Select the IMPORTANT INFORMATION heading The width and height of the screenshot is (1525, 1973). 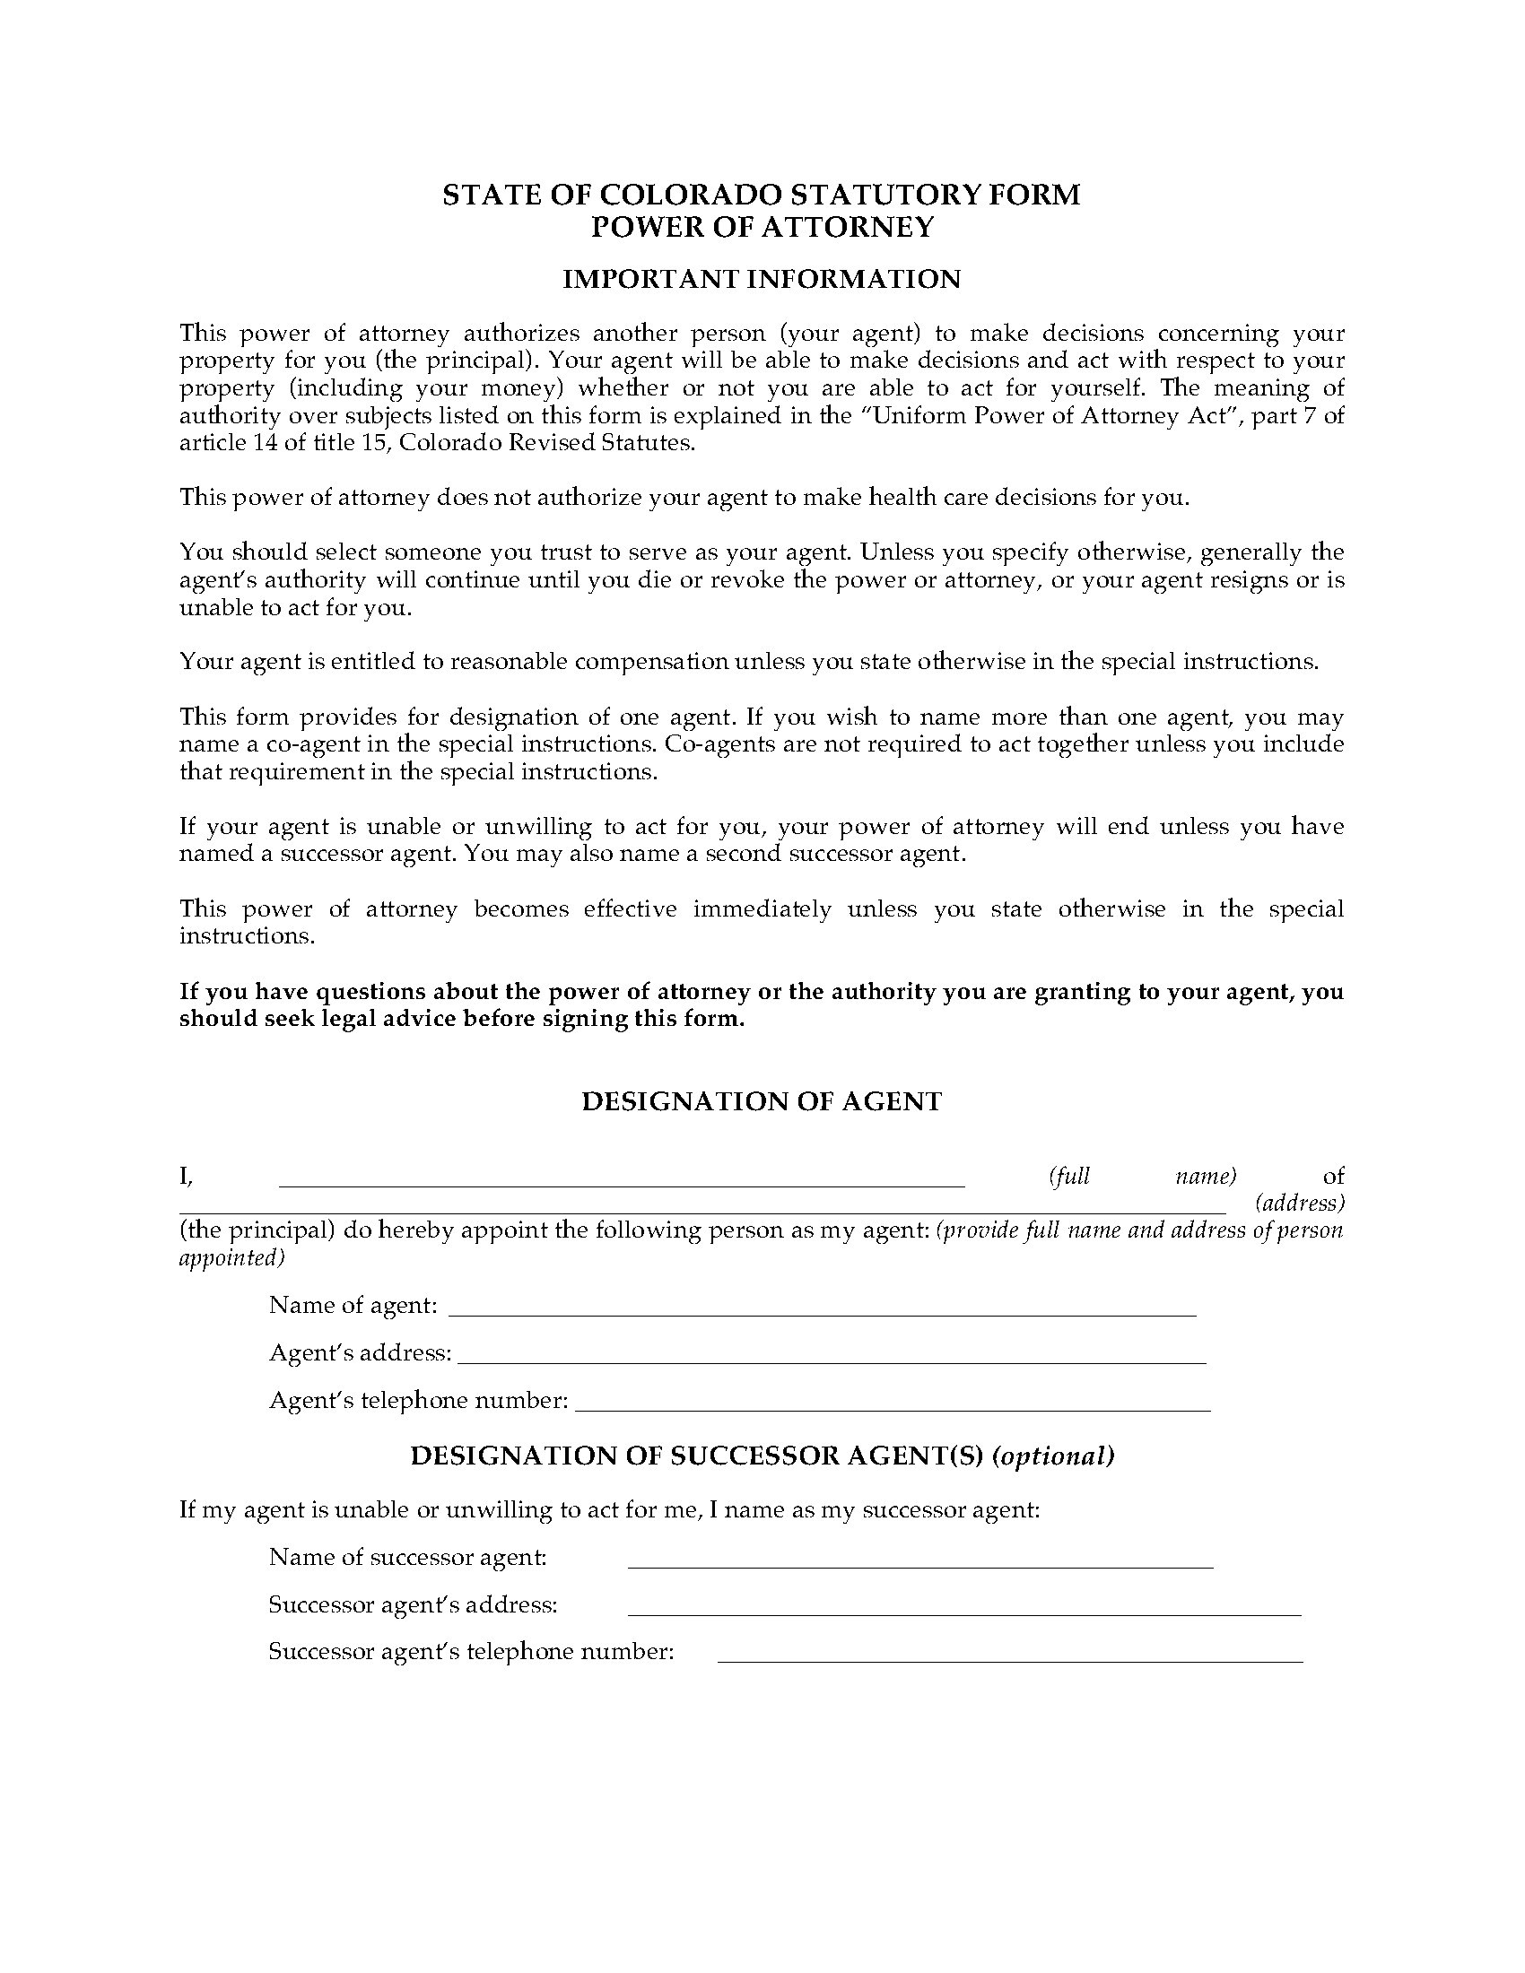point(762,279)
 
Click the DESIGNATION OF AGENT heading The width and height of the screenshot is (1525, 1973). point(762,1101)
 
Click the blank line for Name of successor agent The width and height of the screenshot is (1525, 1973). point(919,1567)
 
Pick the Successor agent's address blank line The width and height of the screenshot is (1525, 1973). point(964,1613)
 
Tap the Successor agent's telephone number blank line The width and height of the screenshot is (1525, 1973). point(1009,1660)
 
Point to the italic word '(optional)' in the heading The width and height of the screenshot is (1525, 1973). point(1053,1456)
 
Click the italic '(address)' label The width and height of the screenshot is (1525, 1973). point(1299,1204)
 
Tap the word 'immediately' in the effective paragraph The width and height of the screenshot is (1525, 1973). point(762,908)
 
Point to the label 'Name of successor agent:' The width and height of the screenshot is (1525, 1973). point(408,1558)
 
